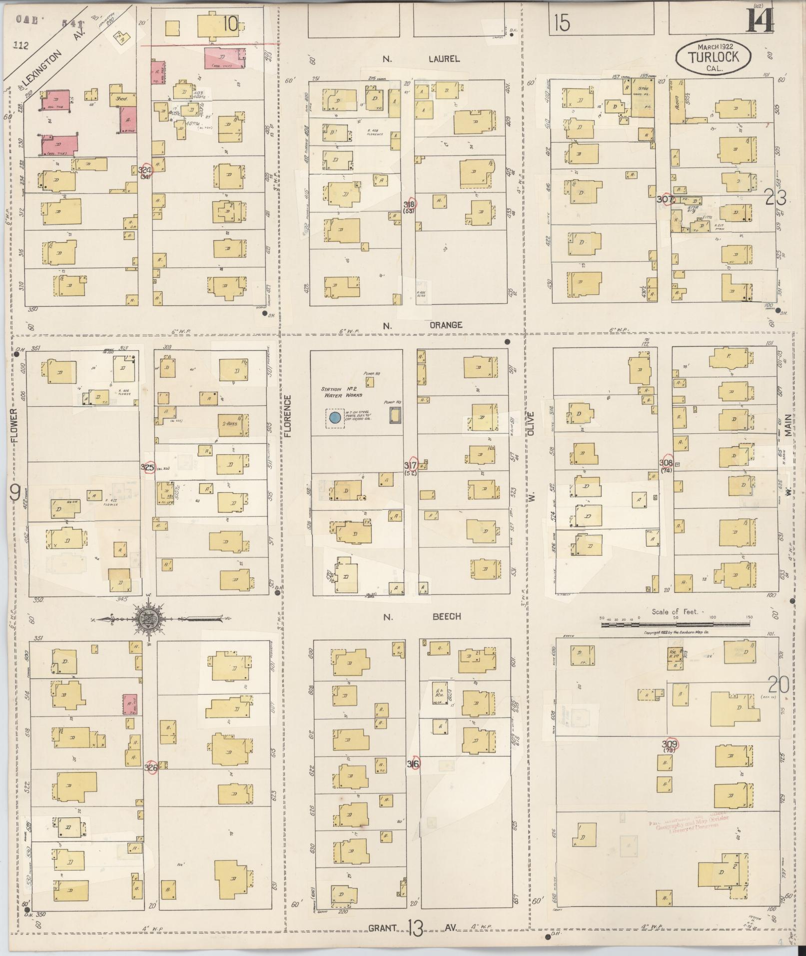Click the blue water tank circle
click(x=335, y=417)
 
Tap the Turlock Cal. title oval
click(x=713, y=57)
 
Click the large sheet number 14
click(x=760, y=21)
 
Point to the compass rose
click(x=148, y=620)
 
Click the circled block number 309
click(x=669, y=744)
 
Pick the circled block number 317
click(x=411, y=464)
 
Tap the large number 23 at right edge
click(x=776, y=199)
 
